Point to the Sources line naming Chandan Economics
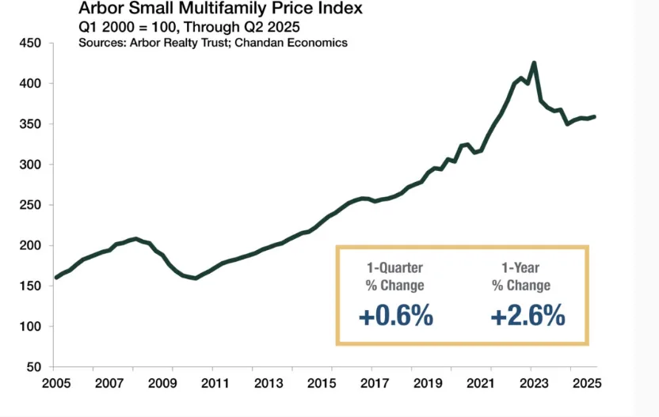213,42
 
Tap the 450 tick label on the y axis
29,43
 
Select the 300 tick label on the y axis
29,165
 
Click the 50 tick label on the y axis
32,367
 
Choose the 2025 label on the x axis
583,384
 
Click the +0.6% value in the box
396,317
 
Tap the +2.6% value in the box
528,317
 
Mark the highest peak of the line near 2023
534,63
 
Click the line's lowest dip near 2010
196,279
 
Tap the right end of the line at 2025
595,117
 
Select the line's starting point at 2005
55,278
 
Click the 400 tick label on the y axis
29,83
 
